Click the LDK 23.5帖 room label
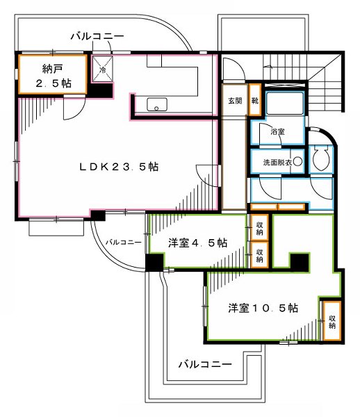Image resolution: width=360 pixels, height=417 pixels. coord(120,167)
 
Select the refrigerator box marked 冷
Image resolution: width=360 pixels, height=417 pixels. coord(101,68)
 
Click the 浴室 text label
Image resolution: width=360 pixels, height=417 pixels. coord(277,131)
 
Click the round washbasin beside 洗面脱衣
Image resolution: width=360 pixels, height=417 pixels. coord(297,162)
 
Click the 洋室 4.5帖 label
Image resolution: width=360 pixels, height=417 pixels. coord(198,243)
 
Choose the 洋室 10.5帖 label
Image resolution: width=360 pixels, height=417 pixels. coord(263,307)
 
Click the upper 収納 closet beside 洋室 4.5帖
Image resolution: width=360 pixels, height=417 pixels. coord(259,227)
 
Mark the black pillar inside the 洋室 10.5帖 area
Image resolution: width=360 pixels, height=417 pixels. coord(299,262)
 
